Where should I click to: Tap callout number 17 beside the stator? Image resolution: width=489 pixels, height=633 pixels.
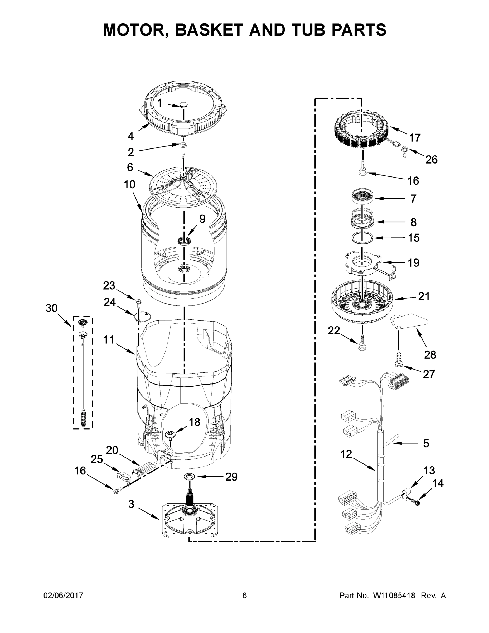pyautogui.click(x=415, y=138)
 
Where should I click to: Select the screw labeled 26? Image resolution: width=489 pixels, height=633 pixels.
pyautogui.click(x=404, y=152)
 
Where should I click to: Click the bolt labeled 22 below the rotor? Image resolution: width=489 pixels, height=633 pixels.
pyautogui.click(x=362, y=343)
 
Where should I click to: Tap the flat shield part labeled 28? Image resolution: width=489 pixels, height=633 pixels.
pyautogui.click(x=409, y=322)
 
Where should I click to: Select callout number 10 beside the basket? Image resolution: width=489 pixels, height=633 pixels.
pyautogui.click(x=129, y=184)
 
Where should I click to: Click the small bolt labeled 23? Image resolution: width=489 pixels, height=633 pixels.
pyautogui.click(x=138, y=303)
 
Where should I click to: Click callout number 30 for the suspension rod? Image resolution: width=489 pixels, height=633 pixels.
pyautogui.click(x=52, y=308)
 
